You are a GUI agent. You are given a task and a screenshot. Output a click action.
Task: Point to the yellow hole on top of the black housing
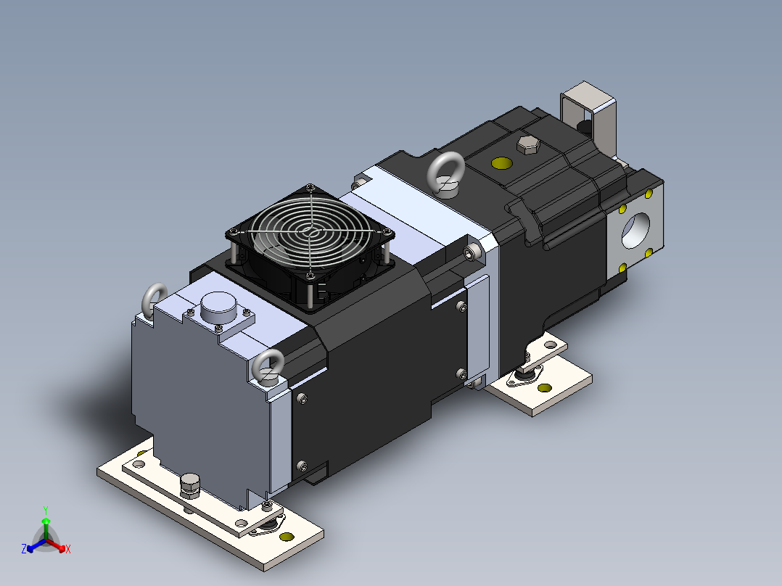[501, 162]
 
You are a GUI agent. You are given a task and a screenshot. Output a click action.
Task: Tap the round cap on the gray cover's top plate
[215, 308]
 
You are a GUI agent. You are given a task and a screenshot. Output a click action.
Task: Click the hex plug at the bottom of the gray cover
[190, 485]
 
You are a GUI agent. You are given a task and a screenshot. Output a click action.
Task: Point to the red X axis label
[68, 550]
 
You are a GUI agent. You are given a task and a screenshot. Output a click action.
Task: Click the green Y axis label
[45, 510]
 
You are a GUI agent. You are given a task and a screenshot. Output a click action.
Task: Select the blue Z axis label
[24, 550]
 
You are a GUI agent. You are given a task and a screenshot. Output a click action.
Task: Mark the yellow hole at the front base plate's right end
[287, 537]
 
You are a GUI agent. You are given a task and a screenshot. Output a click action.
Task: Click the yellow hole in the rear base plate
[543, 388]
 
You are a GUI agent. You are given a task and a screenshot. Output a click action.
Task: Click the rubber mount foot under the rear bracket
[523, 376]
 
